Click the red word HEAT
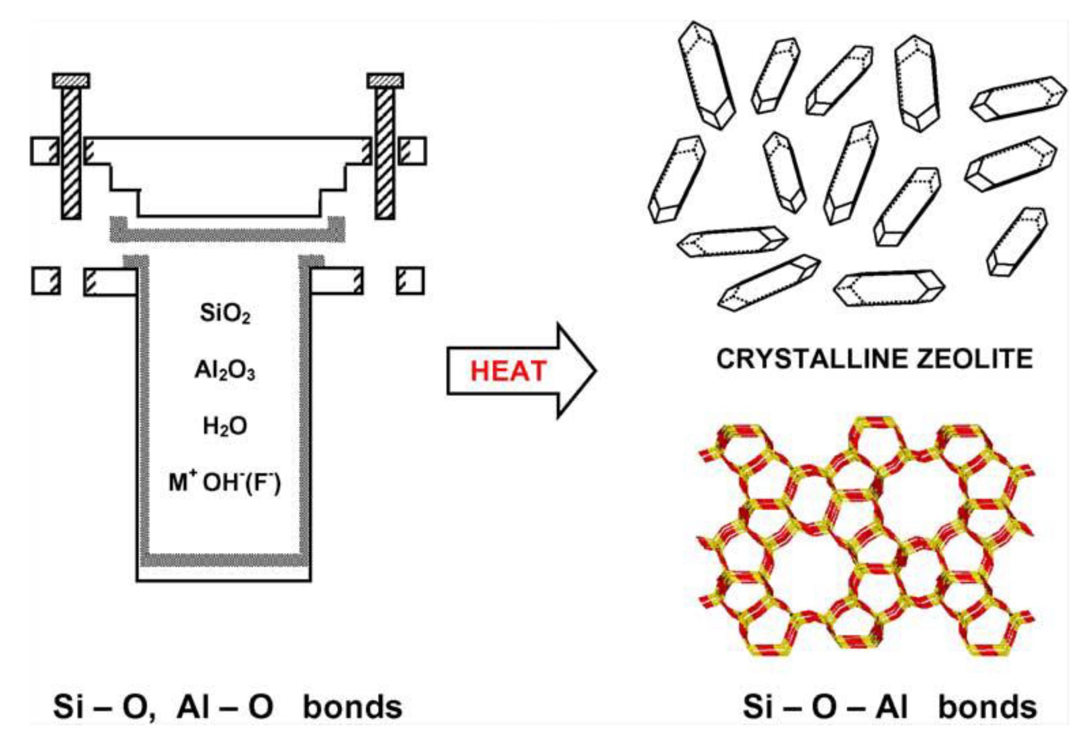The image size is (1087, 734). click(508, 371)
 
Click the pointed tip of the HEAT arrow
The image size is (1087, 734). click(594, 371)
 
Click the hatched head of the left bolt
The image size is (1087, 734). click(71, 81)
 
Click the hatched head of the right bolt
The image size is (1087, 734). click(385, 81)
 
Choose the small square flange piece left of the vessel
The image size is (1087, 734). click(46, 281)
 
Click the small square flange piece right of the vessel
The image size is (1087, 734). click(410, 281)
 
